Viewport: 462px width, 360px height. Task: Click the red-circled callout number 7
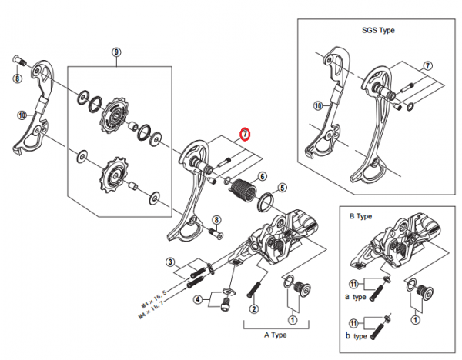point(245,134)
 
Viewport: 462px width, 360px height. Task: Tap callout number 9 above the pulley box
point(116,52)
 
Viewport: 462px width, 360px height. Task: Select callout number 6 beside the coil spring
point(262,177)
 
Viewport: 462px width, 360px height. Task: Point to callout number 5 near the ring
point(282,188)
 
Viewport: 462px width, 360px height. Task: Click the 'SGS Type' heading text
point(378,30)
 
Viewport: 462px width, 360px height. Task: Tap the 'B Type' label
point(360,216)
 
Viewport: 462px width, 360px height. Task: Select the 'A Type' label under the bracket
point(276,335)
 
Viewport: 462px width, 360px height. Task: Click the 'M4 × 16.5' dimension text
point(153,298)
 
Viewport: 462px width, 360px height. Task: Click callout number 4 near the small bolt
point(198,300)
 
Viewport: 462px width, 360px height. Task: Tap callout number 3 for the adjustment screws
point(170,262)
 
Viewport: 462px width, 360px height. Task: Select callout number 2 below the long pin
point(254,309)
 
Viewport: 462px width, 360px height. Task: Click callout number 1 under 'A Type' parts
point(293,320)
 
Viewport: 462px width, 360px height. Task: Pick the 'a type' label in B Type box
point(356,297)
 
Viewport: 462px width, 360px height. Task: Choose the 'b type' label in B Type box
point(357,336)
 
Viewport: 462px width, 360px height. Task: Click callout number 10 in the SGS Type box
point(317,105)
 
